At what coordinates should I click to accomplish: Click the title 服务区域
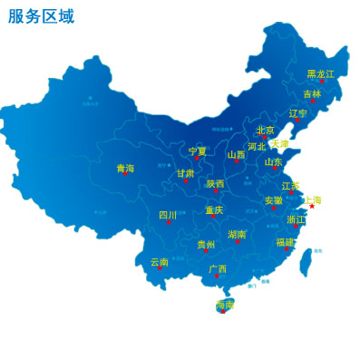41,16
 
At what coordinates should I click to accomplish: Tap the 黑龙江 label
320,74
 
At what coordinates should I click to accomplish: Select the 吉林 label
312,93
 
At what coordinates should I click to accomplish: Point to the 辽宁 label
298,113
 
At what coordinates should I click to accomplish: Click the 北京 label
265,131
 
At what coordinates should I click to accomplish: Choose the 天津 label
279,144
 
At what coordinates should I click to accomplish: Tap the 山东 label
274,162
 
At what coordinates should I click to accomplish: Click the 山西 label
236,155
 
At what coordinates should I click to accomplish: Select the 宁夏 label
198,151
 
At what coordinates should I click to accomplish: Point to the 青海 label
125,169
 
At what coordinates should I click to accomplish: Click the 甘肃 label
185,173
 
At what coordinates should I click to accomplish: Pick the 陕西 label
215,184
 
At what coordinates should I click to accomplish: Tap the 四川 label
168,216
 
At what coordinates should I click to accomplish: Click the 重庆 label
214,210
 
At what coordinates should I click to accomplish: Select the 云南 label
160,262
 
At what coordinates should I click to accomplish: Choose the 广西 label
218,269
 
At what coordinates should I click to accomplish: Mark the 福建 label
285,242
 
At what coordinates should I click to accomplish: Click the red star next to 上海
312,206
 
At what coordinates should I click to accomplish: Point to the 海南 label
224,305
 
